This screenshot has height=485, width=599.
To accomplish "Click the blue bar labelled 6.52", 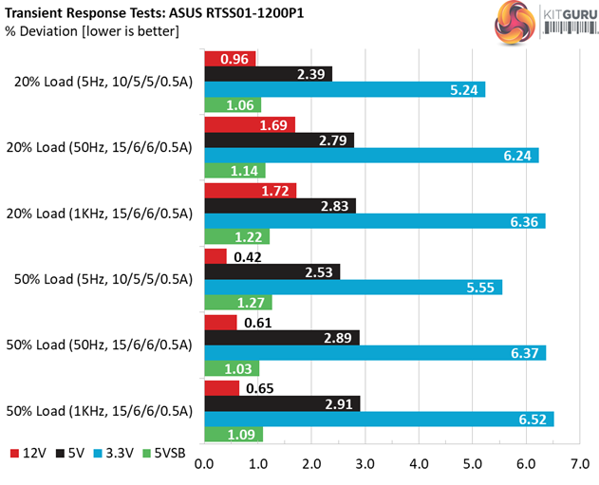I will point(379,420).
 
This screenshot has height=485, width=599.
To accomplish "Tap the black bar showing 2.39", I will point(269,74).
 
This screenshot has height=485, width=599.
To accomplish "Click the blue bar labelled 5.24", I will point(345,90).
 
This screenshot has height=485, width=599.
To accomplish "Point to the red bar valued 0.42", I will point(215,256).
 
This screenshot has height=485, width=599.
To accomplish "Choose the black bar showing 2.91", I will point(282,403).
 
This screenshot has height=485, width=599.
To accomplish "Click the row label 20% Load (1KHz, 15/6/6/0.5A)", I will point(103,214).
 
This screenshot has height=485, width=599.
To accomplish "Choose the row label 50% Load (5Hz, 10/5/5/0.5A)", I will point(103,279).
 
